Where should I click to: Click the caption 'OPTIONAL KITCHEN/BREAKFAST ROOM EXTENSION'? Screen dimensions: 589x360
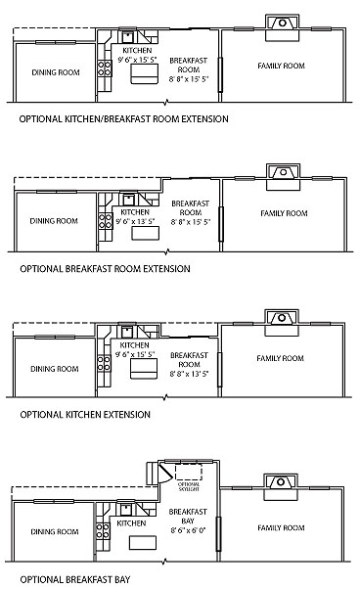123,119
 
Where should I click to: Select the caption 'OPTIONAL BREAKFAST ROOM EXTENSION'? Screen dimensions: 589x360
105,267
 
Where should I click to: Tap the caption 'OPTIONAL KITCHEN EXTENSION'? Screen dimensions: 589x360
85,414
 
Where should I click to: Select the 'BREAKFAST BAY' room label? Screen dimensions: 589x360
188,517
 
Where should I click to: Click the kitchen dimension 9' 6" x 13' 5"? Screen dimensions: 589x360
135,222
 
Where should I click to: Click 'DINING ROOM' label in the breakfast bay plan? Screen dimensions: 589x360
54,532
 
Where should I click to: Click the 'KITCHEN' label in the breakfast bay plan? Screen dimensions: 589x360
131,523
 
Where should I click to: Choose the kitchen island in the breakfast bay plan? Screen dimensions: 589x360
144,543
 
